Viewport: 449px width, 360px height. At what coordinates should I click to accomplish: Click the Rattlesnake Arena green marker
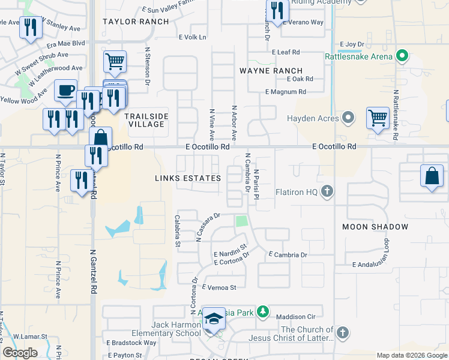(x=403, y=57)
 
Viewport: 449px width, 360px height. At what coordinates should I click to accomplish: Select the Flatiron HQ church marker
(x=327, y=192)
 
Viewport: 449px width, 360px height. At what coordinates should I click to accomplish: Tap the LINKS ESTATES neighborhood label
(x=188, y=178)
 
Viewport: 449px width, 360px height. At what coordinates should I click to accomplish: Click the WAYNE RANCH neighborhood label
(x=271, y=71)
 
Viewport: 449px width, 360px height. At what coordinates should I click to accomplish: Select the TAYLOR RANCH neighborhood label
(x=136, y=22)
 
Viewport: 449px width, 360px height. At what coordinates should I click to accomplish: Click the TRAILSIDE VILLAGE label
(x=146, y=119)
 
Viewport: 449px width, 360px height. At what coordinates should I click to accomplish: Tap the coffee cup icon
(x=65, y=91)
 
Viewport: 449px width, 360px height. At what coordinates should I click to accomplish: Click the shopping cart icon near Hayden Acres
(x=378, y=117)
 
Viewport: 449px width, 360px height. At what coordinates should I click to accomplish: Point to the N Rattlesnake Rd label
(x=396, y=115)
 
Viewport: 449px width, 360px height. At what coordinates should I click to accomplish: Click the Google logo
(x=20, y=353)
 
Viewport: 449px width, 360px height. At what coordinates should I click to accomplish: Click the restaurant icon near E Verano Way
(x=277, y=10)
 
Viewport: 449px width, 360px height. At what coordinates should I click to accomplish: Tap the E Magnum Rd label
(x=286, y=92)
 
